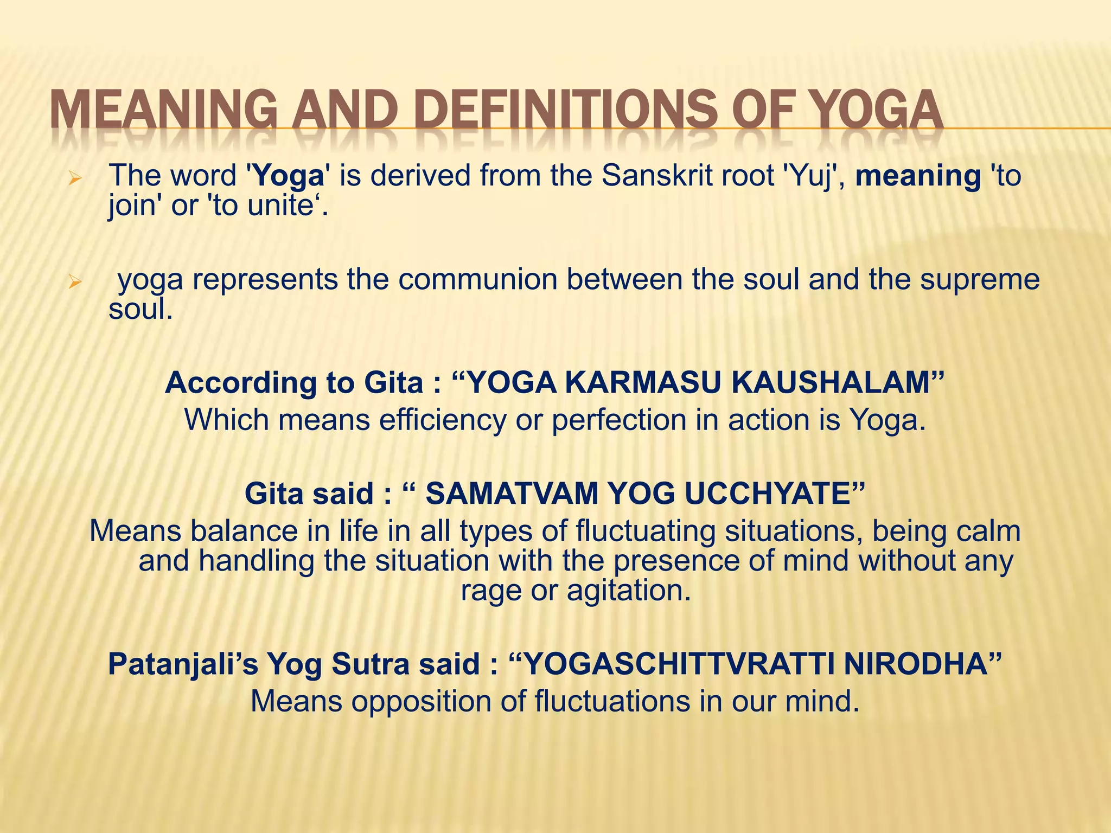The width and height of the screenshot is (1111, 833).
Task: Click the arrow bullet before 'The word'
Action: tap(75, 178)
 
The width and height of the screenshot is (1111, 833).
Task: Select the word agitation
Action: tap(629, 590)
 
